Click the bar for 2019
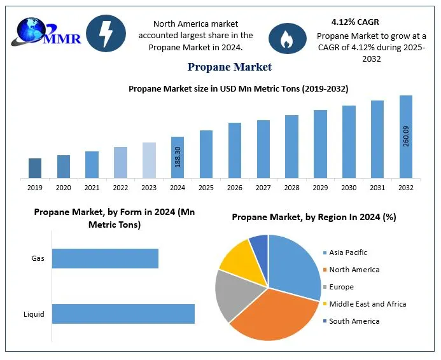[x=35, y=168]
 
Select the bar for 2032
[x=405, y=136]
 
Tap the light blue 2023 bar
[x=148, y=160]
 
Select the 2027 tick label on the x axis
[x=263, y=188]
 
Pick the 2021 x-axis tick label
[x=92, y=188]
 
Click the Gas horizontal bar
[x=105, y=258]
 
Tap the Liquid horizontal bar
[x=123, y=314]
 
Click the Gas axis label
[x=38, y=259]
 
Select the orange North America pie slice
[x=274, y=315]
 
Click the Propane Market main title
[x=230, y=67]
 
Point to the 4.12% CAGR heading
[x=355, y=22]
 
